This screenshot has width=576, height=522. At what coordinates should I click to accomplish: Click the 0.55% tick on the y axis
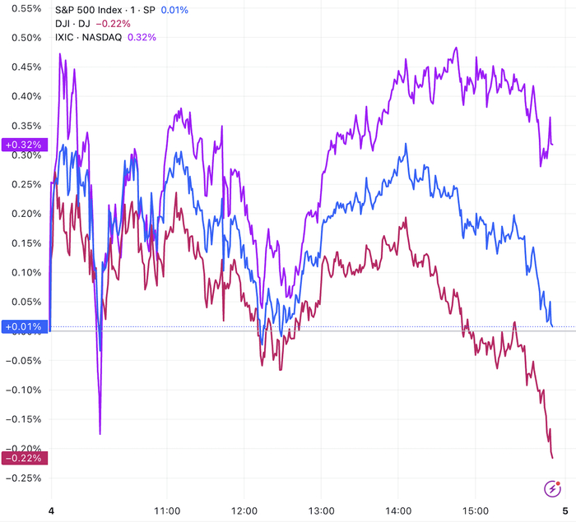(25, 8)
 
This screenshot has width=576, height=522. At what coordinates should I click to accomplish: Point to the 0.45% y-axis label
(25, 67)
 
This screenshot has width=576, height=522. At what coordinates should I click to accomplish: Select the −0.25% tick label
(23, 478)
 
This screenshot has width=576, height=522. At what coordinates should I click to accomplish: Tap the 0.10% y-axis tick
(25, 272)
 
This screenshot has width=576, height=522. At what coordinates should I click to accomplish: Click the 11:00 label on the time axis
(168, 510)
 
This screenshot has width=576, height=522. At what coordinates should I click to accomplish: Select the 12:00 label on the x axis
(244, 510)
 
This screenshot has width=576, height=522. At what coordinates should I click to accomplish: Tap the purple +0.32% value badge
(25, 145)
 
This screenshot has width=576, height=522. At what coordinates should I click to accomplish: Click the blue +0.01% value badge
(25, 326)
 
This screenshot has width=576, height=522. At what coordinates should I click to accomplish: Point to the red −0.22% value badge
(25, 458)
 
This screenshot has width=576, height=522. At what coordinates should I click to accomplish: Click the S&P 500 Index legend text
(97, 10)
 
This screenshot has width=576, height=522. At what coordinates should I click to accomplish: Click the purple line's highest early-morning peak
(60, 54)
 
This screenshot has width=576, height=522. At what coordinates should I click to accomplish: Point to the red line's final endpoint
(552, 458)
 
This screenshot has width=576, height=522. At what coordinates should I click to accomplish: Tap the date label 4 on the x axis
(51, 510)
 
